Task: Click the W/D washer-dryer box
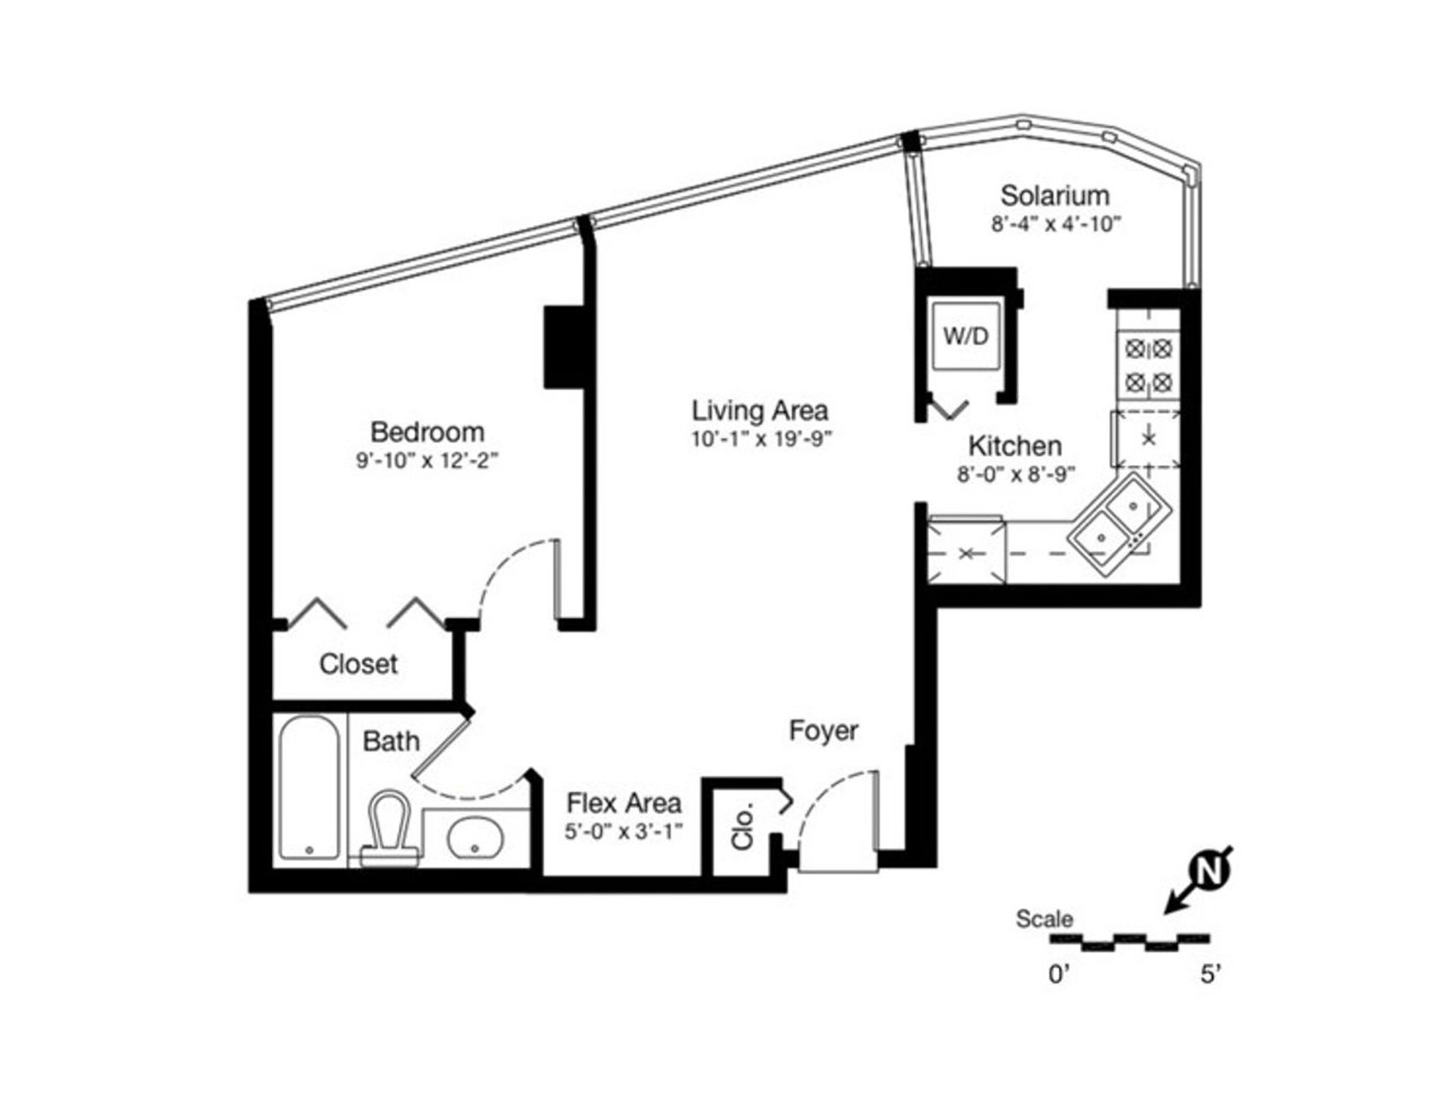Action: pyautogui.click(x=966, y=336)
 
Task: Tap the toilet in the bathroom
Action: pyautogui.click(x=390, y=827)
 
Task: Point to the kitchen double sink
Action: pyautogui.click(x=1119, y=525)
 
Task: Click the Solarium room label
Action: pyautogui.click(x=1055, y=195)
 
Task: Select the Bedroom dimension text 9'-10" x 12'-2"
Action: pyautogui.click(x=427, y=461)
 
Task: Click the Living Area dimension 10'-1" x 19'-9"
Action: pyautogui.click(x=761, y=439)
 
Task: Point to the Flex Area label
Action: pyautogui.click(x=624, y=803)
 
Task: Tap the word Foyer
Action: pyautogui.click(x=824, y=731)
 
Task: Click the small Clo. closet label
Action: pyautogui.click(x=743, y=826)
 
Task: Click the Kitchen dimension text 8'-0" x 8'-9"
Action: pyautogui.click(x=1016, y=474)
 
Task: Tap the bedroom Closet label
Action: pyautogui.click(x=358, y=664)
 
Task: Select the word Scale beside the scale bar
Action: pyautogui.click(x=1044, y=919)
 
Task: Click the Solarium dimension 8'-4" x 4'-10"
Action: pyautogui.click(x=1056, y=224)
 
